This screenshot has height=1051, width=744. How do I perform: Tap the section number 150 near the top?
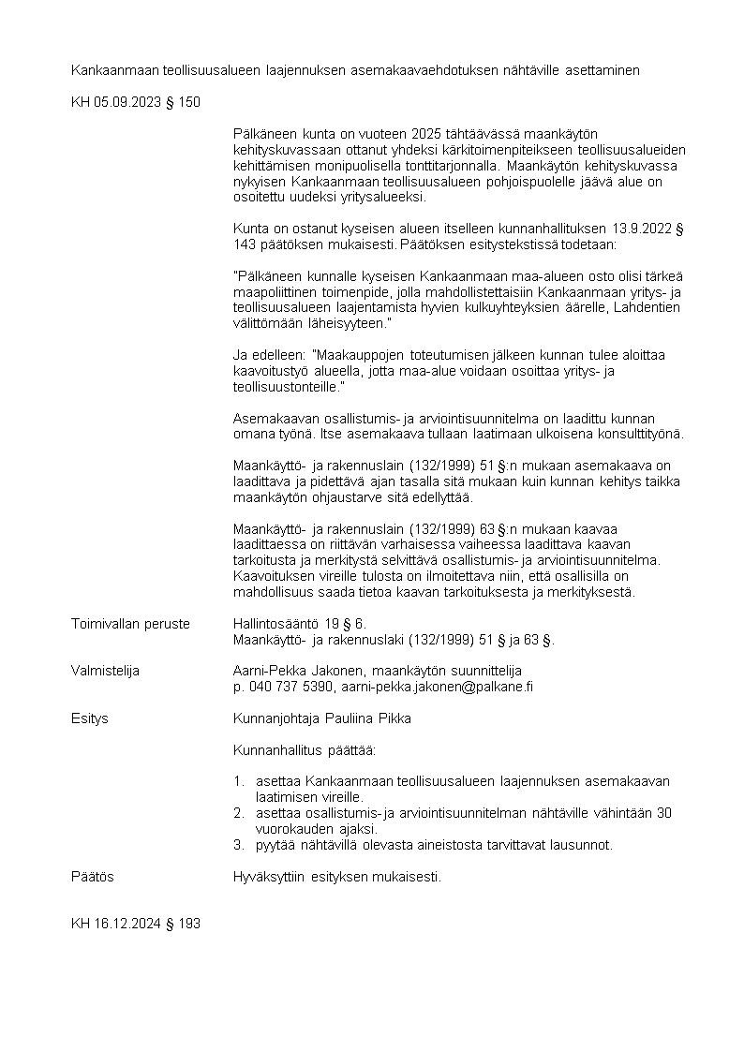point(187,102)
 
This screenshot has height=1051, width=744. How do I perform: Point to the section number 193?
point(187,924)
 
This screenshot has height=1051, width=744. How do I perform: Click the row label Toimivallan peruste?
point(130,624)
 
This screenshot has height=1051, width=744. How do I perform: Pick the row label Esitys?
point(90,718)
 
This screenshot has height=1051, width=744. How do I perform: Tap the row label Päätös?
point(93,877)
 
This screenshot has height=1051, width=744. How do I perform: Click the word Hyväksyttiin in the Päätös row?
point(267,877)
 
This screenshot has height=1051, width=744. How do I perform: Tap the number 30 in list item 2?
point(663,813)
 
